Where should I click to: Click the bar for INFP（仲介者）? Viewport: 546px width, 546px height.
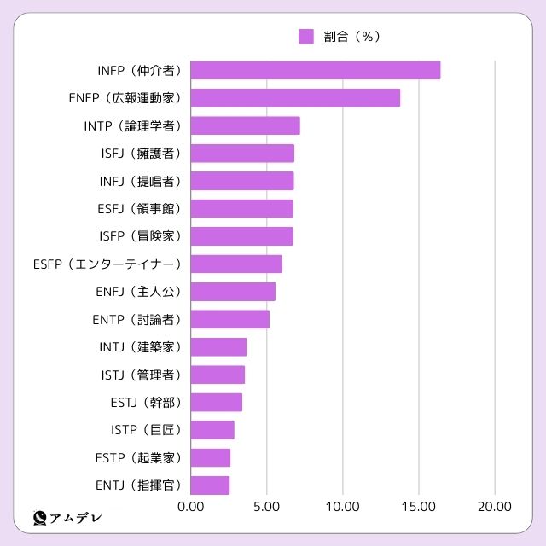pos(315,71)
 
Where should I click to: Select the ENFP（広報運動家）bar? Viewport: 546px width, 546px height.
pos(295,98)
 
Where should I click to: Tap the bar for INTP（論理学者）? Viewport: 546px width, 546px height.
pos(245,126)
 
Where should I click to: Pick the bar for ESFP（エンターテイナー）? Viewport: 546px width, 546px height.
pos(236,264)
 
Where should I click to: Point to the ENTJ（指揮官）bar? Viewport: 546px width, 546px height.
pos(210,485)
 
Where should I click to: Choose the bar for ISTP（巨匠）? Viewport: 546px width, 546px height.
pos(212,430)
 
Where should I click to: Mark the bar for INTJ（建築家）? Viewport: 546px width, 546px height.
pos(218,347)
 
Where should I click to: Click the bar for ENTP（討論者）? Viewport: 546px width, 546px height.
pos(230,320)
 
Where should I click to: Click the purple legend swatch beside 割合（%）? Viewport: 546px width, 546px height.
pos(306,36)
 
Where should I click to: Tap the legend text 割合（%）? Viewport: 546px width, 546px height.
pos(351,36)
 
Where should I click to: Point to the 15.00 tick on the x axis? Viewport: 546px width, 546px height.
pos(419,506)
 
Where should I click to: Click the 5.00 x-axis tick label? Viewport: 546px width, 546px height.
pos(267,506)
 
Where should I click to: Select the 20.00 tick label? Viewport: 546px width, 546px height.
pos(495,506)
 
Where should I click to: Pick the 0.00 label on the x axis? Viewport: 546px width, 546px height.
pos(191,506)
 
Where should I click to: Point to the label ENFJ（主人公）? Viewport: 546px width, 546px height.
pos(140,292)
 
